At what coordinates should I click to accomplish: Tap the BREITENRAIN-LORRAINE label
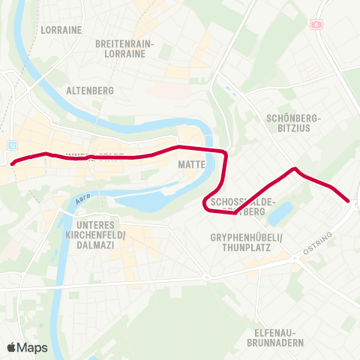point(124,49)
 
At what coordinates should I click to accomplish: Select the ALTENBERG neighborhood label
point(90,91)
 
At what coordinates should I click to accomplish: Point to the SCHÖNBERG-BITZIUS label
point(293,124)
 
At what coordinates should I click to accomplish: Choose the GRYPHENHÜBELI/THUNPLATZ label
point(245,243)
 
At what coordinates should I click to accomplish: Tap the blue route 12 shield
point(12,145)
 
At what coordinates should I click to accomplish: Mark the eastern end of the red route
point(348,200)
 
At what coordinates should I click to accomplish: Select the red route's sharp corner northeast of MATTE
point(224,151)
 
